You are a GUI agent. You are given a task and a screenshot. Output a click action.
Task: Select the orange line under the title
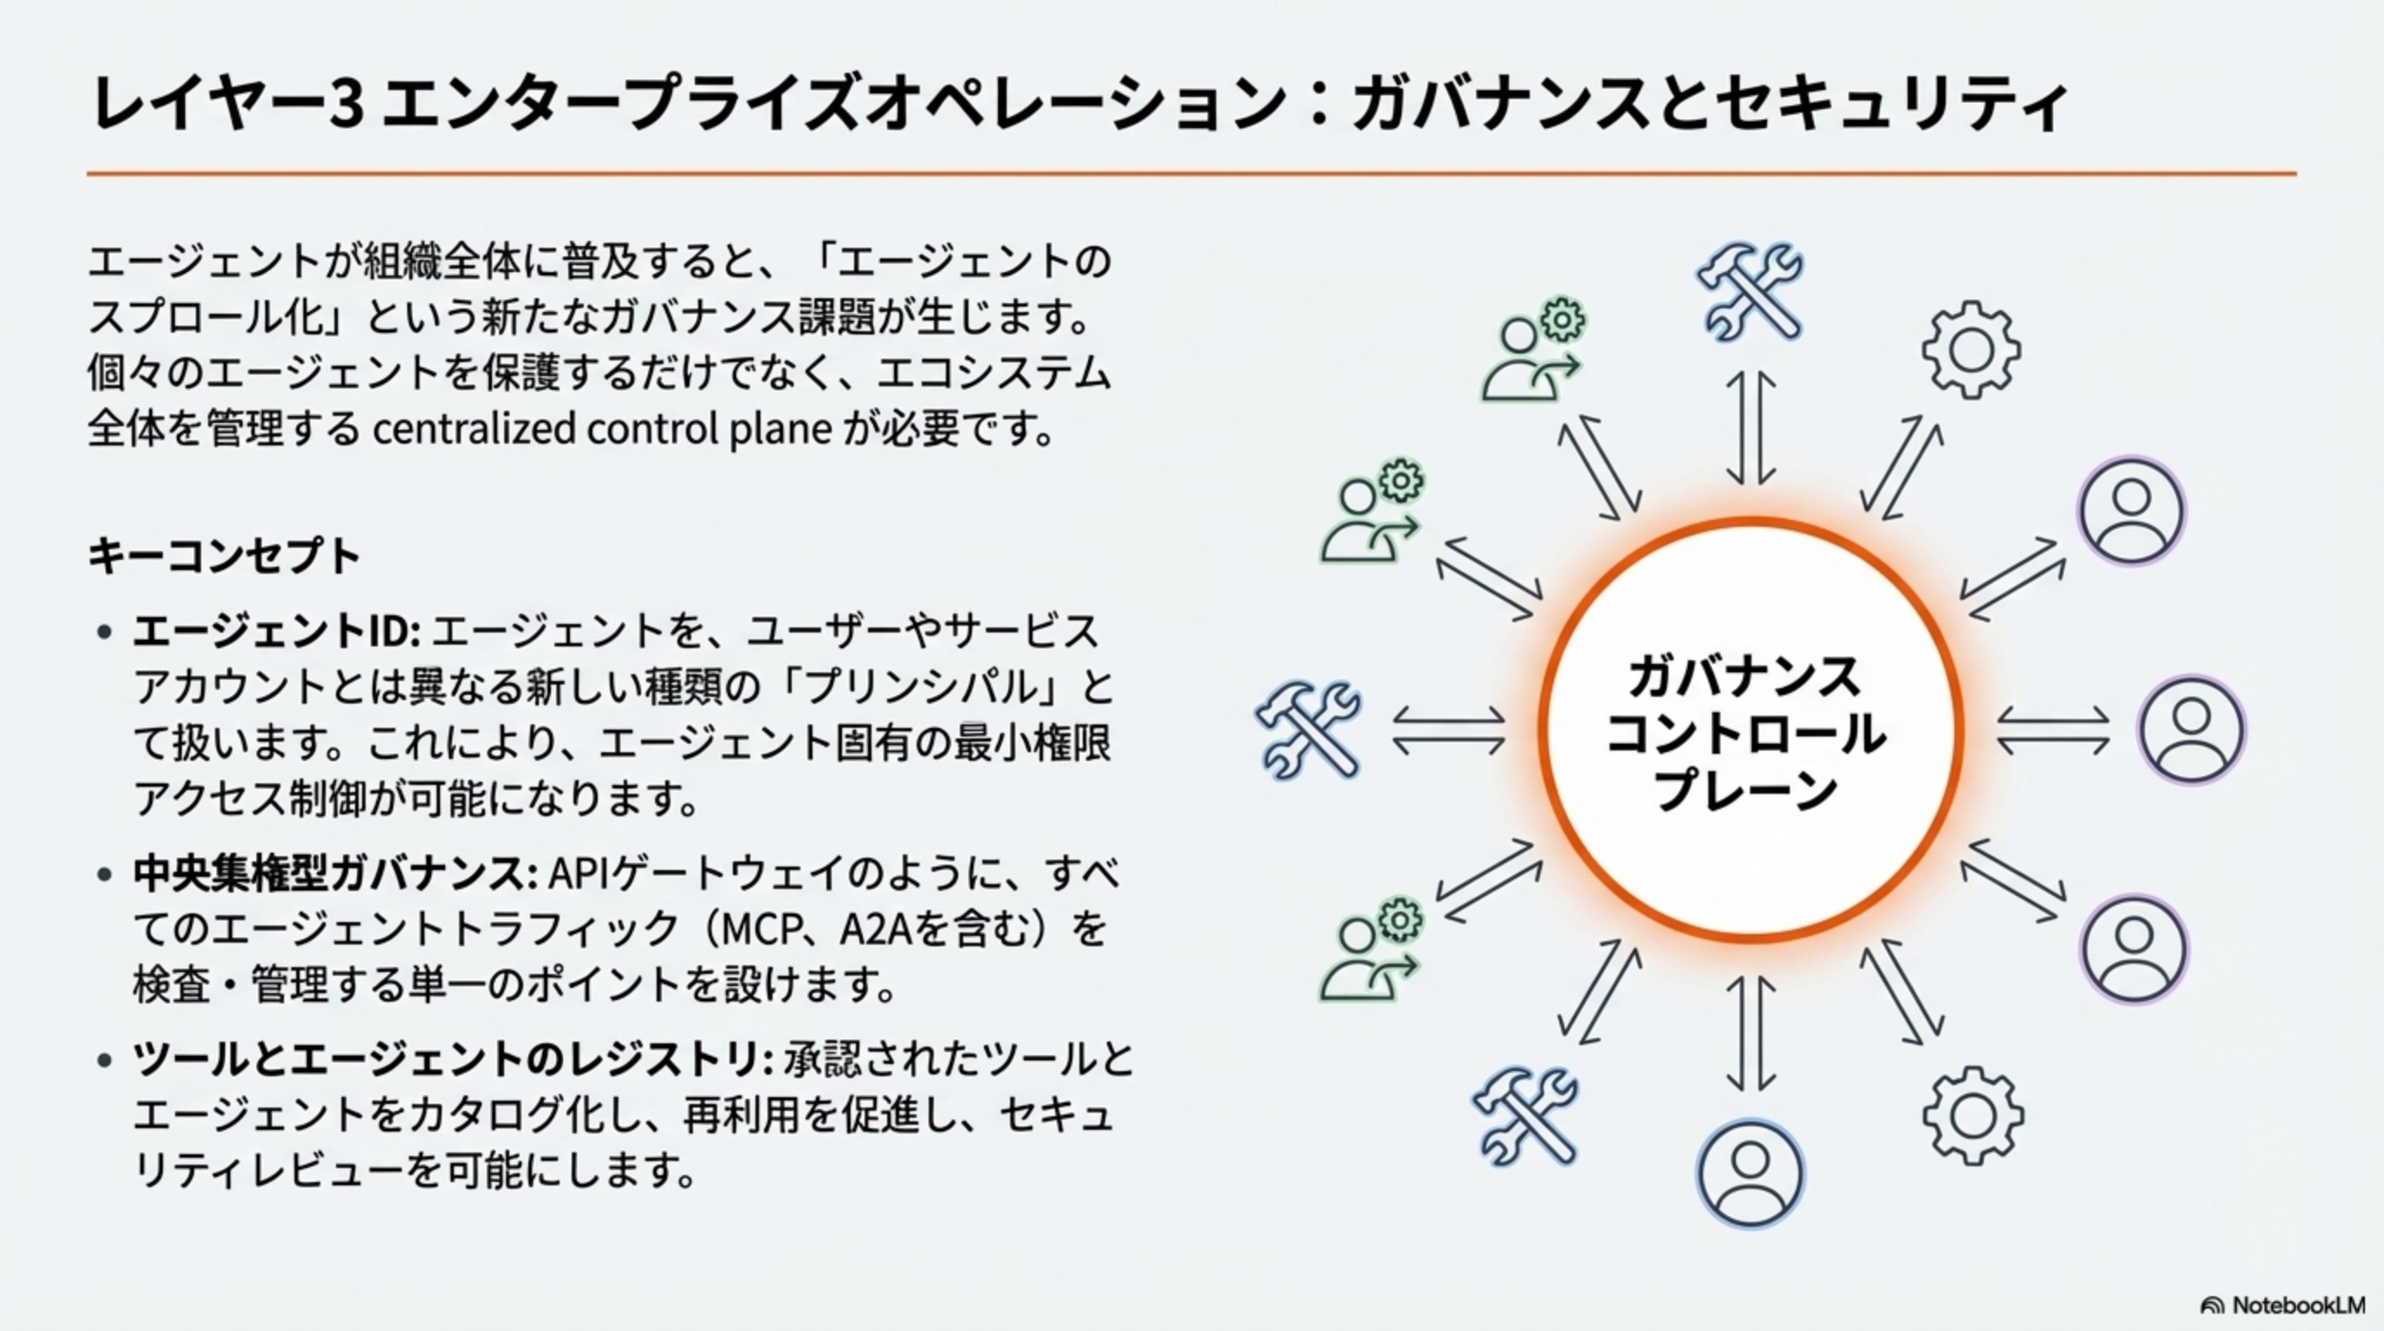click(1191, 173)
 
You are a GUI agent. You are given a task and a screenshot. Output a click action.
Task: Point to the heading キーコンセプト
click(224, 556)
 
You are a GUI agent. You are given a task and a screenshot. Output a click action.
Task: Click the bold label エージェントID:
click(276, 633)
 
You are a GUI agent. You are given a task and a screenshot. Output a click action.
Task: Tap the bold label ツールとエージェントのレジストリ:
click(453, 1060)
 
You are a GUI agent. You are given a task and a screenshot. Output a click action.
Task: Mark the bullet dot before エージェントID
click(105, 633)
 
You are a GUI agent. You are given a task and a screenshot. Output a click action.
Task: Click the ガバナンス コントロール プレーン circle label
click(1747, 731)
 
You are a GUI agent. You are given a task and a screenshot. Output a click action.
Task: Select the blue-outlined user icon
click(1750, 1172)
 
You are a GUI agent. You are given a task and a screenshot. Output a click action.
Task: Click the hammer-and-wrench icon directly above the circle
click(1749, 291)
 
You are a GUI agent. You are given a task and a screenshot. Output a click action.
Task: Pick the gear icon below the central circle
click(1973, 1115)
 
